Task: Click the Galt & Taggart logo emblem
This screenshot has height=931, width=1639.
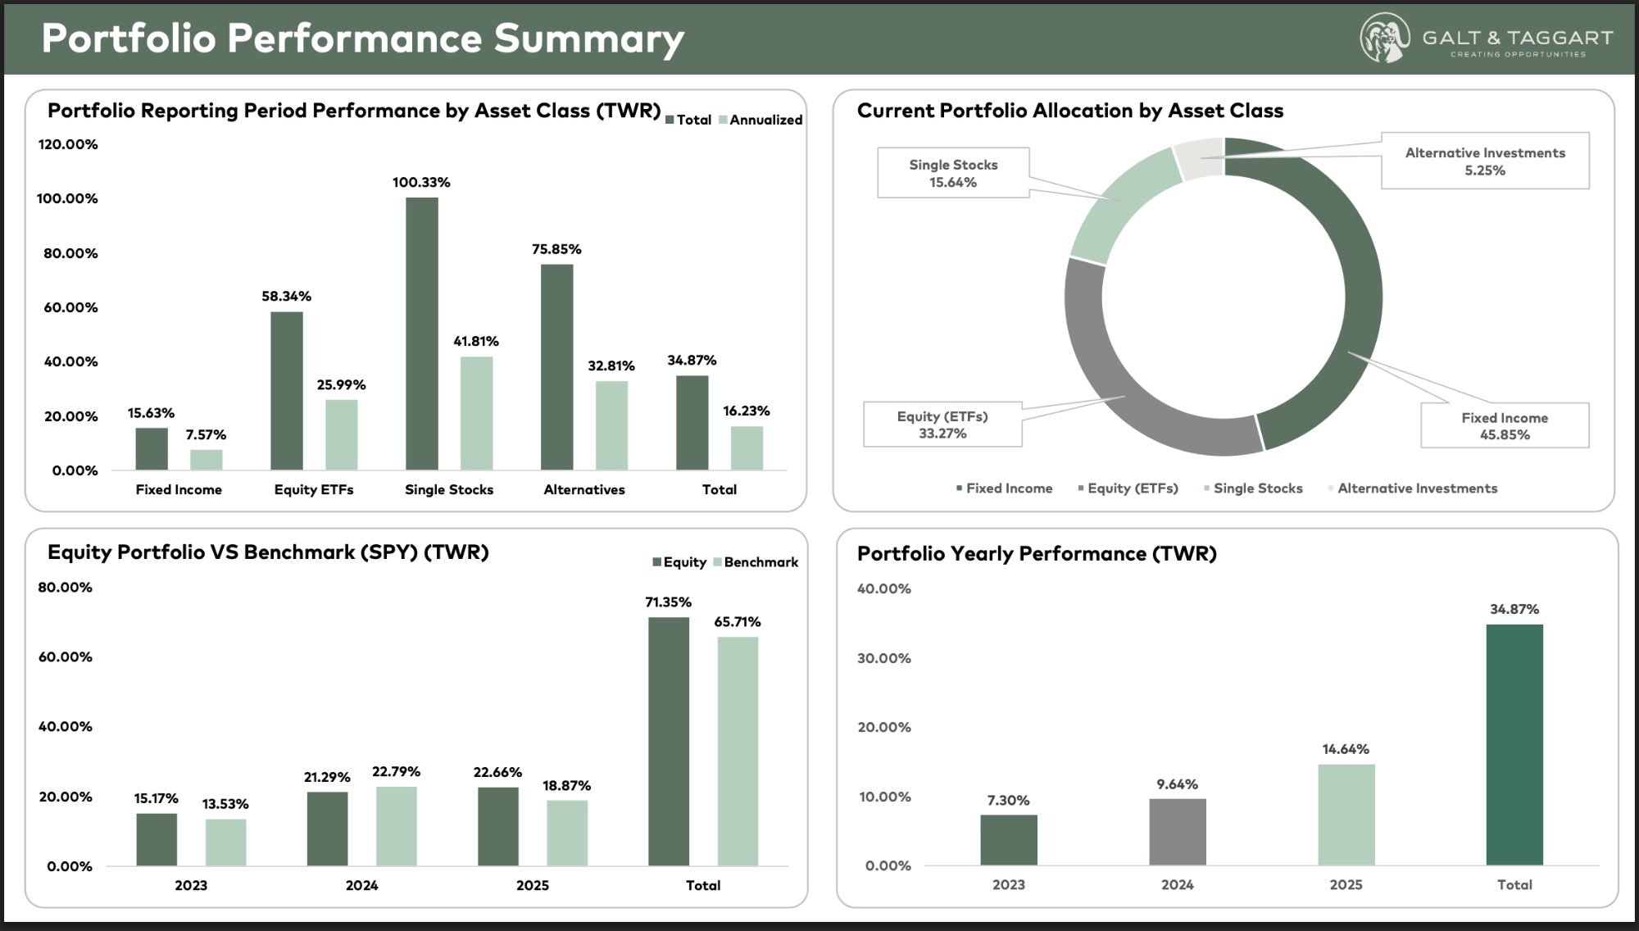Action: pyautogui.click(x=1385, y=38)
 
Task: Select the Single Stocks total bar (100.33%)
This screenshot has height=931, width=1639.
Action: pyautogui.click(x=422, y=334)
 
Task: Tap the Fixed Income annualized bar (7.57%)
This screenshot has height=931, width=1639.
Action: pyautogui.click(x=207, y=460)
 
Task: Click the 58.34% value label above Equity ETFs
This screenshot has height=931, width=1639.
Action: pyautogui.click(x=287, y=296)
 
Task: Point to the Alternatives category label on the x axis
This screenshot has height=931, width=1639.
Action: pyautogui.click(x=584, y=489)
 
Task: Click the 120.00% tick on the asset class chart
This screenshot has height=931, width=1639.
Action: pyautogui.click(x=68, y=144)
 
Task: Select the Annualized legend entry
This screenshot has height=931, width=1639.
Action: pyautogui.click(x=760, y=120)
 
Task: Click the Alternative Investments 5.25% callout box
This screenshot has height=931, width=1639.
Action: pyautogui.click(x=1485, y=161)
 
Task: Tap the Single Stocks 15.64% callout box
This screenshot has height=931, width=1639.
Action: pyautogui.click(x=953, y=173)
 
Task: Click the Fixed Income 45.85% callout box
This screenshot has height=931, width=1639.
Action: pyautogui.click(x=1505, y=425)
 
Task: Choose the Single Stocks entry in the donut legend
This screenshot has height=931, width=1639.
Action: pyautogui.click(x=1253, y=488)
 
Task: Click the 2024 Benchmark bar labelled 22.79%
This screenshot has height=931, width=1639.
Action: pyautogui.click(x=397, y=826)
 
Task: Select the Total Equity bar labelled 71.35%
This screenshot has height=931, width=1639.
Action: pyautogui.click(x=669, y=742)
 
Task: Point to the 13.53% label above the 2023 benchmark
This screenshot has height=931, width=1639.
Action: pyautogui.click(x=225, y=804)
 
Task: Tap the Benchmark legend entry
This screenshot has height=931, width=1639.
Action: pyautogui.click(x=756, y=562)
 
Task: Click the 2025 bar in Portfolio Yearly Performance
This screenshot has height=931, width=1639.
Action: pyautogui.click(x=1346, y=815)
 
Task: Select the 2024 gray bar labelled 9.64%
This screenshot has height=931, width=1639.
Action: pyautogui.click(x=1178, y=832)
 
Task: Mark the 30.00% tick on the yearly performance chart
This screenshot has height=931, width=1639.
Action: pyautogui.click(x=884, y=658)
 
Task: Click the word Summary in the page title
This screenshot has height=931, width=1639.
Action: pyautogui.click(x=589, y=39)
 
